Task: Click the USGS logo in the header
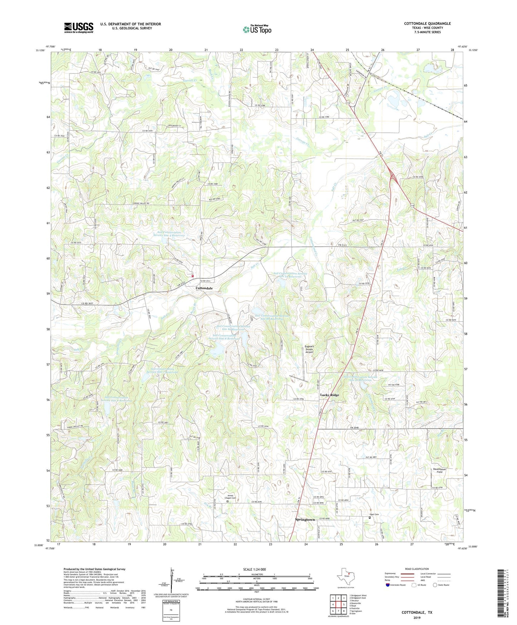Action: coord(79,27)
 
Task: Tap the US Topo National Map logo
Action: coord(257,29)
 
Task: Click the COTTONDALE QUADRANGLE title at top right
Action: coord(427,24)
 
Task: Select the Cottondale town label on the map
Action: coord(204,288)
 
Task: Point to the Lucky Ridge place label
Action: coord(329,395)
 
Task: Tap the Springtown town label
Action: coord(305,519)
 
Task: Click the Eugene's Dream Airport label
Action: coord(309,349)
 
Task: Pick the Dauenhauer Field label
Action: coord(439,470)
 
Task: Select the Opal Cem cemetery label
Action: coord(374,515)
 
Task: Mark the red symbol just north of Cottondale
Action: coord(192,276)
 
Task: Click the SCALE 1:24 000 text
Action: coord(254,570)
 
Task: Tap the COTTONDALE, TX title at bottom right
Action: coord(417,612)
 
